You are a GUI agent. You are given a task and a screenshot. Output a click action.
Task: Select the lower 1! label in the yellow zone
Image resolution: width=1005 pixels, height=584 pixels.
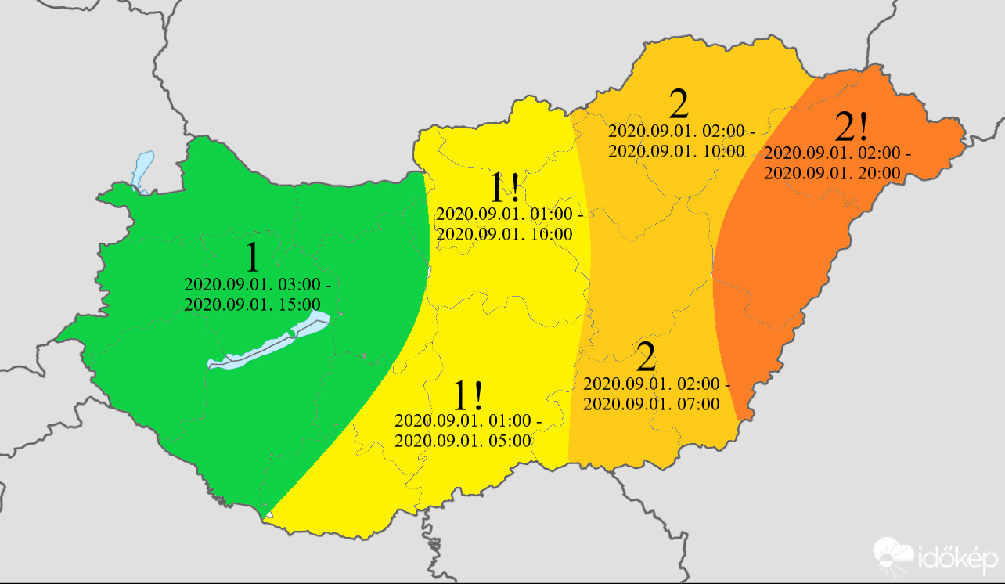point(468,397)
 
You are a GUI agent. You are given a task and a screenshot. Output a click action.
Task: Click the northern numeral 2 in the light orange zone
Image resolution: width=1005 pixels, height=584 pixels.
point(679,105)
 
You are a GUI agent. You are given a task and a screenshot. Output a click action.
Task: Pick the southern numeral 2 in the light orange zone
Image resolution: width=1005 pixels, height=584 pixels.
point(646,358)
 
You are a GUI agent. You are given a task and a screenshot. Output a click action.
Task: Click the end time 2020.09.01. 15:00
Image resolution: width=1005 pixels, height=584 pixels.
point(252,305)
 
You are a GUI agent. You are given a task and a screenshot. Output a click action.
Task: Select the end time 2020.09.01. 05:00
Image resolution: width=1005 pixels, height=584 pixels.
point(463,440)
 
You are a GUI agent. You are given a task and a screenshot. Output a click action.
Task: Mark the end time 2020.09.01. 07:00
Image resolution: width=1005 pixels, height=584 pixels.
point(651,404)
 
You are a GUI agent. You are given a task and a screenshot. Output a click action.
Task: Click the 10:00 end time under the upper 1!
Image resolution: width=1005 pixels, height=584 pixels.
point(504,234)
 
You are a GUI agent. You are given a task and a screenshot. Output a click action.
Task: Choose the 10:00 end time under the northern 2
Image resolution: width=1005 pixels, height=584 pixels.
point(675,151)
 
